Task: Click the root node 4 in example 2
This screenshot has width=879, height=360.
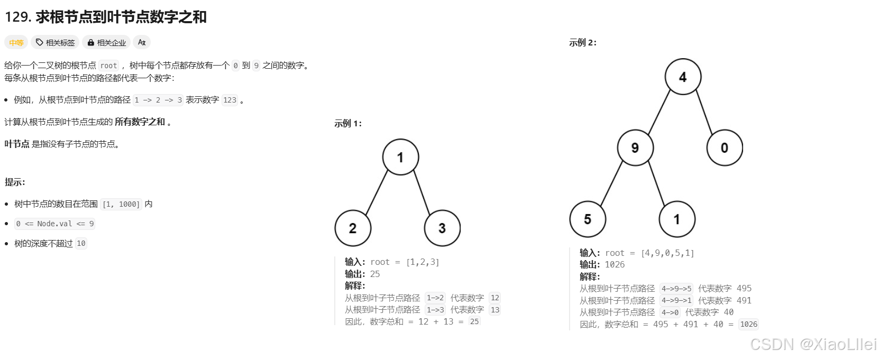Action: (683, 77)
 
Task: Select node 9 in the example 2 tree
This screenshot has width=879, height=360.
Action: (635, 148)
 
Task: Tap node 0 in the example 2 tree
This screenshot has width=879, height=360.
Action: (725, 148)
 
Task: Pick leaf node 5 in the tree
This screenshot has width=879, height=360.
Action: (588, 219)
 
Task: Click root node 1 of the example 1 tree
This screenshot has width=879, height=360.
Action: (400, 158)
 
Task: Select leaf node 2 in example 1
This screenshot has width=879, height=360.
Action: (353, 228)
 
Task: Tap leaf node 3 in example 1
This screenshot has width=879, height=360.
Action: (442, 228)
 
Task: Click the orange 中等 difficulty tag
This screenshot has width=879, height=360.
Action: (16, 43)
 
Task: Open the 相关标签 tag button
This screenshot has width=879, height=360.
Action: (55, 43)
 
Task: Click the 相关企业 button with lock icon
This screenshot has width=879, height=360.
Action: (107, 43)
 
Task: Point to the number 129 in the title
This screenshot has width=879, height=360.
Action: (17, 17)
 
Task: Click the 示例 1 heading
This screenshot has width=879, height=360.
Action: (348, 124)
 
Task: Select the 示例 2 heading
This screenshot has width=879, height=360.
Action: (583, 43)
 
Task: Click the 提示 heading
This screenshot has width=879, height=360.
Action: (15, 182)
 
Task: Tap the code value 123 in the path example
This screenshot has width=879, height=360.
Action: (230, 100)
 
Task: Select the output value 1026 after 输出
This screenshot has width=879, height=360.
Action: (615, 264)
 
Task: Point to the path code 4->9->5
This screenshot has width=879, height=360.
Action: (676, 289)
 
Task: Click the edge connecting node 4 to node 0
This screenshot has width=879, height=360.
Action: (704, 112)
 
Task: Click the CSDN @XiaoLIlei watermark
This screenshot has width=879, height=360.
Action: (813, 344)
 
